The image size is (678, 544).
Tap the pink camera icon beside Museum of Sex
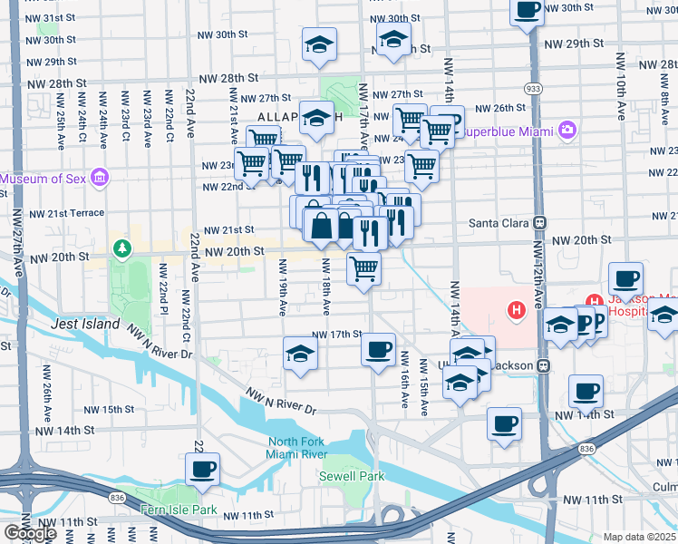tap(99, 176)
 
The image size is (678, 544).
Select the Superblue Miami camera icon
tap(567, 131)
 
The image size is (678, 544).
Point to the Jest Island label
tap(84, 324)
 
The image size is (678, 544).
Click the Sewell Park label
tap(352, 476)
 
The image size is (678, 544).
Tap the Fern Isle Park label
tap(179, 510)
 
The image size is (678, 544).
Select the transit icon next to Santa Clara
tap(540, 222)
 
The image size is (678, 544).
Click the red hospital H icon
tap(517, 311)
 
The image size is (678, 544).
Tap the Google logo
tap(30, 532)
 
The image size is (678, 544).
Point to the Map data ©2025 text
tap(639, 537)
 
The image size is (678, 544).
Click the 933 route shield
tap(534, 88)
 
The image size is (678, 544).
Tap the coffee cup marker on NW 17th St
tap(378, 348)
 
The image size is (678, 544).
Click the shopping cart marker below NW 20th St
tap(363, 267)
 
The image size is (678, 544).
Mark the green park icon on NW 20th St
tap(120, 247)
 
